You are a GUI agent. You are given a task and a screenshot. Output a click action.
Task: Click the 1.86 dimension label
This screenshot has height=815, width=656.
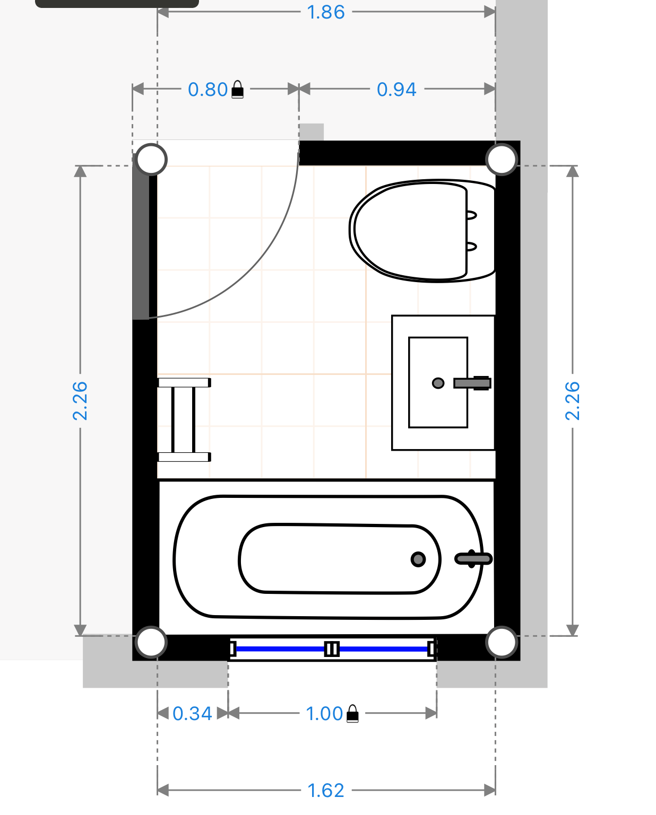(326, 13)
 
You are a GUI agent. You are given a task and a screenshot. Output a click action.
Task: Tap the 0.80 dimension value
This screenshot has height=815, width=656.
(208, 90)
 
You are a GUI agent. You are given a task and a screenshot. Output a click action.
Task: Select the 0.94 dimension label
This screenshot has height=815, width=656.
(396, 90)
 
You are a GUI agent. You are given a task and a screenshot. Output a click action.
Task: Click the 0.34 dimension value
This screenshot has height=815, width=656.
(192, 714)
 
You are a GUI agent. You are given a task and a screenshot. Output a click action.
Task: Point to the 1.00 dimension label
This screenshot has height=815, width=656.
(325, 714)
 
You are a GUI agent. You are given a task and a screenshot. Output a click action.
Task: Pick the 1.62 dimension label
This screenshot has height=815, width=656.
(326, 791)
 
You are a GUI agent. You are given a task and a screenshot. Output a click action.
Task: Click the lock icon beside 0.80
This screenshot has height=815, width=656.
(237, 90)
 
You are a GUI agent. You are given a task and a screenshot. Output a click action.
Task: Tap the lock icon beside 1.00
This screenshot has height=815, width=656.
(352, 714)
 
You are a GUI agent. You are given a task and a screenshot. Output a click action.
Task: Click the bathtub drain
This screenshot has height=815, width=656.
(418, 559)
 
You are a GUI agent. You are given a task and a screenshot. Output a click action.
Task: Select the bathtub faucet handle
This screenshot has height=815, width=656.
(473, 558)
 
